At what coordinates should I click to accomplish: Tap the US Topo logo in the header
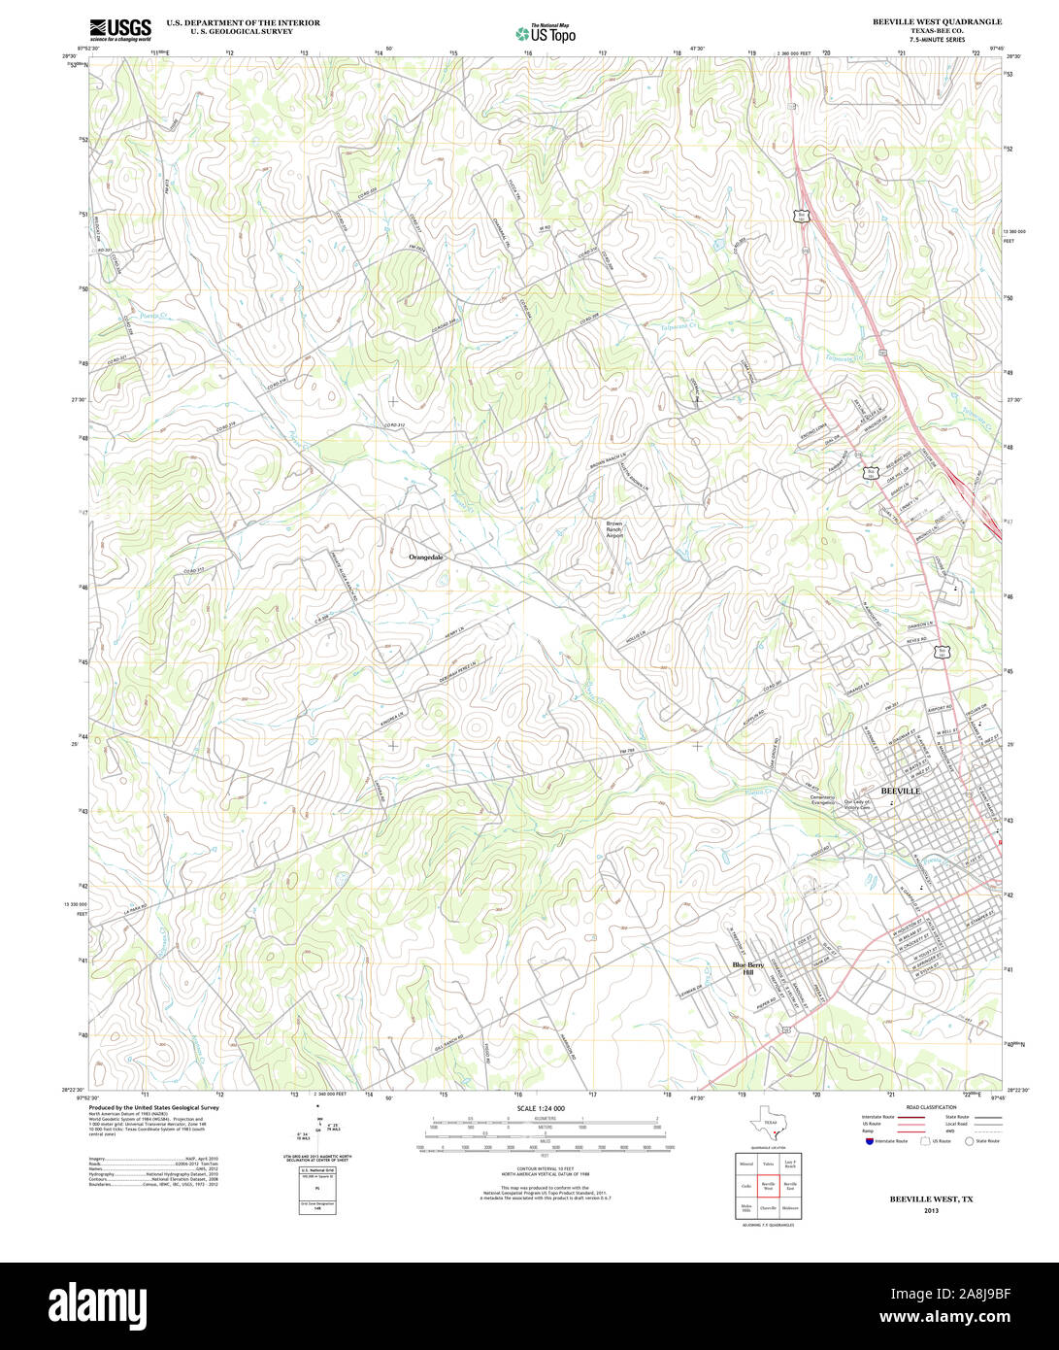tap(546, 33)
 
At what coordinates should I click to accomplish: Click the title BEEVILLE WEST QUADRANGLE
tap(938, 21)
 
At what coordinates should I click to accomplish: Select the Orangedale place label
tap(426, 557)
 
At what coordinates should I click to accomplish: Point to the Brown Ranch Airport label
tap(614, 529)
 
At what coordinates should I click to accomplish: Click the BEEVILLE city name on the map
tap(899, 792)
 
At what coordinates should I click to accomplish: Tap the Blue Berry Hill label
tap(748, 968)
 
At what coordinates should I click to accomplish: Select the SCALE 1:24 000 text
tap(541, 1108)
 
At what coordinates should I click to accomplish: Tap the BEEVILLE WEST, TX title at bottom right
tap(931, 1199)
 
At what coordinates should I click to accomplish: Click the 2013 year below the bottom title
tap(931, 1210)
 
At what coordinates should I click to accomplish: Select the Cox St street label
tap(775, 940)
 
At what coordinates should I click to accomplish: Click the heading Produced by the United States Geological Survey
tap(153, 1107)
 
